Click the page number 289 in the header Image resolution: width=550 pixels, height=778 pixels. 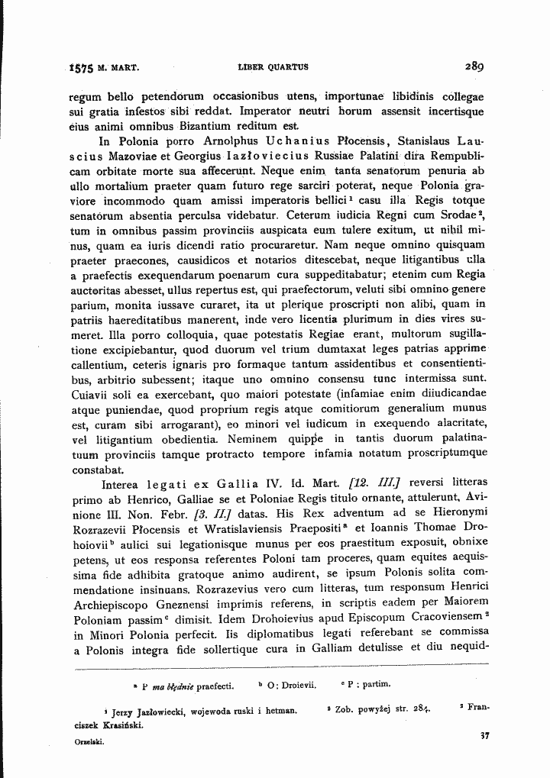474,66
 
